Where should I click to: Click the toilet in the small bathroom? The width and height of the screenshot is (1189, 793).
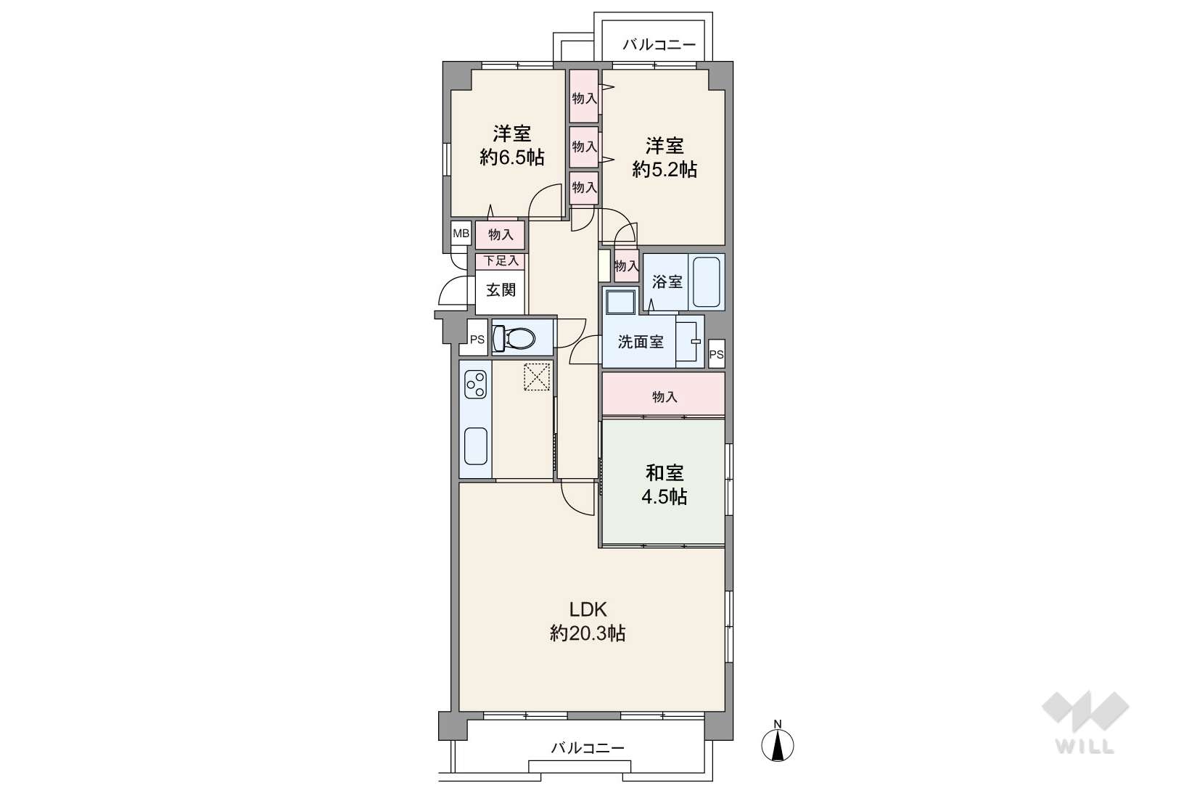pyautogui.click(x=514, y=337)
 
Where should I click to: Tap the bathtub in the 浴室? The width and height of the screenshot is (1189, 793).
pyautogui.click(x=707, y=282)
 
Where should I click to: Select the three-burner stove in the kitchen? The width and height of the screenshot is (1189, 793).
pyautogui.click(x=475, y=385)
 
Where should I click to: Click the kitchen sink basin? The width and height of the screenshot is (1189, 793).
pyautogui.click(x=476, y=446)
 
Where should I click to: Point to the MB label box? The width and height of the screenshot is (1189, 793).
pyautogui.click(x=461, y=233)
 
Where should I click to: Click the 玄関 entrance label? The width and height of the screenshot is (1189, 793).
pyautogui.click(x=501, y=289)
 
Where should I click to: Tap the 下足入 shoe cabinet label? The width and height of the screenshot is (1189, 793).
pyautogui.click(x=501, y=260)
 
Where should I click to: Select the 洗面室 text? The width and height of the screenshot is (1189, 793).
pyautogui.click(x=641, y=342)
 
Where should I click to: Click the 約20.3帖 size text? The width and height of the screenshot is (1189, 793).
pyautogui.click(x=588, y=633)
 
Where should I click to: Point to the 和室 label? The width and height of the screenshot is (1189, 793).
pyautogui.click(x=664, y=472)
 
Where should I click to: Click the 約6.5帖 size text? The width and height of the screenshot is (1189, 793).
pyautogui.click(x=511, y=157)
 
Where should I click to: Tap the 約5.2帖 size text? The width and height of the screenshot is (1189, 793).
pyautogui.click(x=664, y=169)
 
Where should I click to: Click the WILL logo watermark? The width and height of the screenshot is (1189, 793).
pyautogui.click(x=1085, y=721)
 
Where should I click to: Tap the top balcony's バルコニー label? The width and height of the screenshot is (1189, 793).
pyautogui.click(x=659, y=44)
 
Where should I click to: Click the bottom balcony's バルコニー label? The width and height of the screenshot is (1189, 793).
pyautogui.click(x=588, y=749)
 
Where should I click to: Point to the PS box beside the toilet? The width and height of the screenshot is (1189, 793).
pyautogui.click(x=477, y=339)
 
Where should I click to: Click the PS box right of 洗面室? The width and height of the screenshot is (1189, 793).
pyautogui.click(x=716, y=354)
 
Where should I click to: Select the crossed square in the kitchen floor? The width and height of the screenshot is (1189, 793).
pyautogui.click(x=537, y=377)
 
